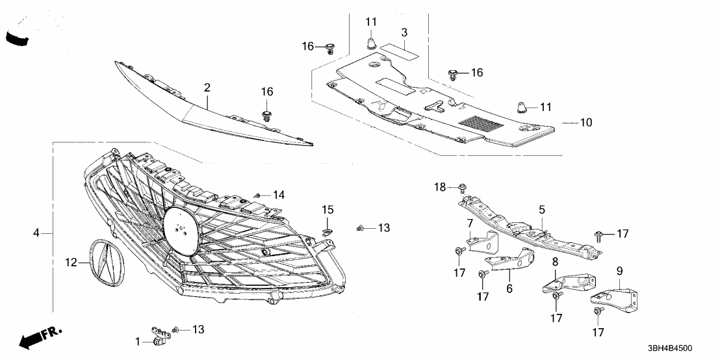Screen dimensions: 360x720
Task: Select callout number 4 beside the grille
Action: pyautogui.click(x=37, y=233)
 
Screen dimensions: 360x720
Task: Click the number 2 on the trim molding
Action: pyautogui.click(x=207, y=87)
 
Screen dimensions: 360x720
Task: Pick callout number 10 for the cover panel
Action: pyautogui.click(x=587, y=122)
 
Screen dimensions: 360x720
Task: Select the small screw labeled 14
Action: pyautogui.click(x=259, y=194)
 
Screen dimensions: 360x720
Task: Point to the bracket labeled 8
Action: pyautogui.click(x=568, y=283)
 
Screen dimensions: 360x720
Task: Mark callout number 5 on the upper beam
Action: pyautogui.click(x=541, y=210)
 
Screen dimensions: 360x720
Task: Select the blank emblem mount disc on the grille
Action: pyautogui.click(x=180, y=226)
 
